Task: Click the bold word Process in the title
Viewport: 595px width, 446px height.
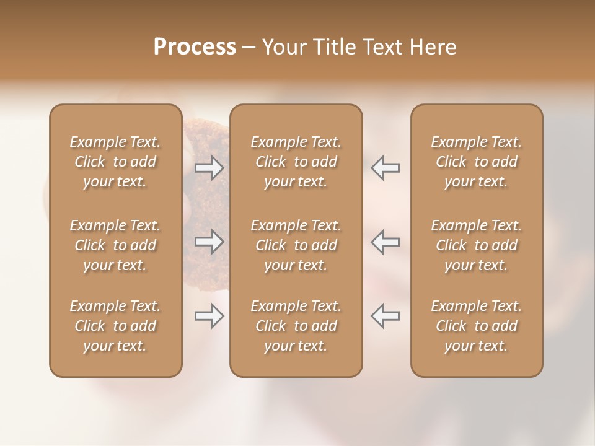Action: point(195,47)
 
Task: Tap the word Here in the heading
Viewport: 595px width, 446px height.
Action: point(433,47)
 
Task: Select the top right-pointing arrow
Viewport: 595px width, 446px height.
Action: point(209,168)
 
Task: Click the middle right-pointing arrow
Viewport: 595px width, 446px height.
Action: point(209,242)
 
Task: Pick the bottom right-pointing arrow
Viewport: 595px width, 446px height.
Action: point(209,317)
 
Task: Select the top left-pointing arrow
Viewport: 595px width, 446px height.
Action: point(386,168)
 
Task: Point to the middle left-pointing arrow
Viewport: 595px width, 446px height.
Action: point(386,242)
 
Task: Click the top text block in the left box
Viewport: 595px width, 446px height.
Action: point(115,162)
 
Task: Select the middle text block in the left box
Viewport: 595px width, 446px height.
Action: point(115,245)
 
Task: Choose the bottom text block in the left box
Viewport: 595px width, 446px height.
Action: point(115,326)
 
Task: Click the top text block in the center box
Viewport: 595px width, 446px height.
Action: point(296,162)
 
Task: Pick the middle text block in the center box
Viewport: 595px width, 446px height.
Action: point(296,245)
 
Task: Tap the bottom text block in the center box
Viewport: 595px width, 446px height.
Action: point(296,326)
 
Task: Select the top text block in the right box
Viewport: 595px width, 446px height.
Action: point(477,162)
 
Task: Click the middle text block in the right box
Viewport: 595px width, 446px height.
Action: point(477,245)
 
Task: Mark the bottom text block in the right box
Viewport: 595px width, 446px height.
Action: point(477,326)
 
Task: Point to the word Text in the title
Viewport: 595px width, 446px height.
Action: point(384,47)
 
